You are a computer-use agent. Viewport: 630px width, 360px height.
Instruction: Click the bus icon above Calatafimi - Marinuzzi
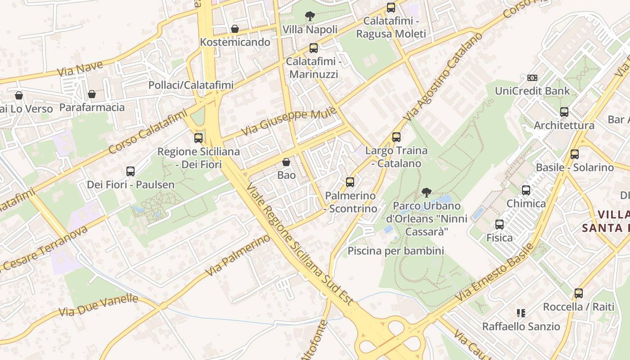[x=314, y=48]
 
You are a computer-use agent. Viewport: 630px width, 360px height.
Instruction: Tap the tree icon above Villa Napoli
[x=310, y=17]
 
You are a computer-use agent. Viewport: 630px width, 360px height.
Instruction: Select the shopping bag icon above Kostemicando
[x=235, y=29]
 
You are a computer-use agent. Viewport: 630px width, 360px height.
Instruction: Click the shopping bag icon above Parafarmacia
[x=92, y=94]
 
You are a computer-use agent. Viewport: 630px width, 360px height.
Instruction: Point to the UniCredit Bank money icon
[x=532, y=78]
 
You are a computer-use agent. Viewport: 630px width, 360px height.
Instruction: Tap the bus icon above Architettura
[x=564, y=112]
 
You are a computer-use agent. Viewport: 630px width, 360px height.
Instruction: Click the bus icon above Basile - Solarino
[x=575, y=154]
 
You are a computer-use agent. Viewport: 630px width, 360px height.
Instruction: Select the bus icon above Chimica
[x=526, y=190]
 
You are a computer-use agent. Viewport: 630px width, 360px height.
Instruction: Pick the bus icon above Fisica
[x=499, y=224]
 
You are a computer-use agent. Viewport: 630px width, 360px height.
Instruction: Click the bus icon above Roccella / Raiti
[x=579, y=293]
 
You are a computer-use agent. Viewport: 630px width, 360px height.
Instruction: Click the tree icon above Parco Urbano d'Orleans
[x=426, y=193]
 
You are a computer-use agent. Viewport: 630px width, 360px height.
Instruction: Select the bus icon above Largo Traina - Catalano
[x=396, y=137]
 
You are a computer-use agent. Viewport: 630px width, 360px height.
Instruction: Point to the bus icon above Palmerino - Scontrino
[x=350, y=182]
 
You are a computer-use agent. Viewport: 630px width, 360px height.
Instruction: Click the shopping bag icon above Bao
[x=286, y=162]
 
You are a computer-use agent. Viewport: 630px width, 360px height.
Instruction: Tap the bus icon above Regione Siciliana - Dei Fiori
[x=198, y=138]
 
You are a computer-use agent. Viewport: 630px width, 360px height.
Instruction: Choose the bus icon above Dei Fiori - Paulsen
[x=130, y=171]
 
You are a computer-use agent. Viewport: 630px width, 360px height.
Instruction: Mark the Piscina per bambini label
[x=396, y=251]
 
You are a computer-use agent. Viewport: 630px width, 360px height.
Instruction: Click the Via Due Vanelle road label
[x=98, y=305]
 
